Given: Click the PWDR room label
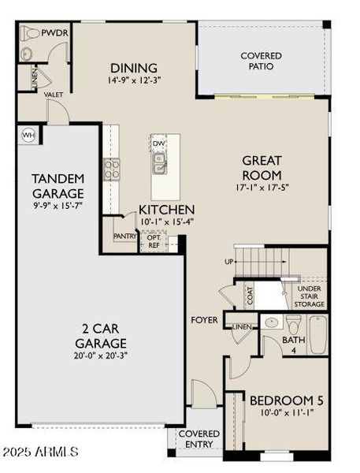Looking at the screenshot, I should (x=54, y=33).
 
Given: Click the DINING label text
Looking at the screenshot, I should (x=133, y=68).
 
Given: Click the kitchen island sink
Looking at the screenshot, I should (x=159, y=164).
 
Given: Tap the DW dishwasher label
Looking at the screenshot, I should (x=158, y=143).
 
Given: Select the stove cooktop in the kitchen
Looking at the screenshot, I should (x=109, y=169).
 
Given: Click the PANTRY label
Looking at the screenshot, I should (x=125, y=236).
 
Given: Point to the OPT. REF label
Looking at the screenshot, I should (x=153, y=240).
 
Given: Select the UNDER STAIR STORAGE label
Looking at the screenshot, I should (x=309, y=296).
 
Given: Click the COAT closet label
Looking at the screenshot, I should (x=251, y=296).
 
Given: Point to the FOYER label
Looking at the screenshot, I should (x=203, y=320).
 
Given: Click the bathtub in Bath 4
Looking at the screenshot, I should (x=317, y=334).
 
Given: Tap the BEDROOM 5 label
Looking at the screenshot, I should (x=286, y=400).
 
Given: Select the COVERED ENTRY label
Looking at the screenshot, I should (x=199, y=439).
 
